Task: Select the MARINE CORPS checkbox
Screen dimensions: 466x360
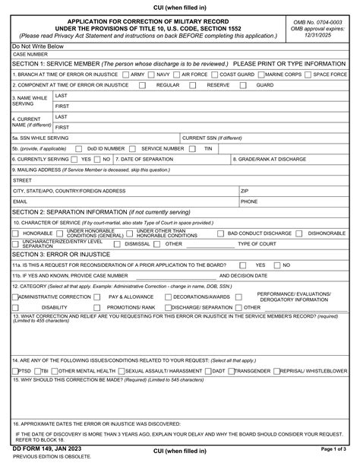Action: click(x=262, y=75)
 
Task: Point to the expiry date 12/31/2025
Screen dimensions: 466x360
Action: click(x=318, y=36)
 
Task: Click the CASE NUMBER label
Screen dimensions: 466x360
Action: click(x=30, y=55)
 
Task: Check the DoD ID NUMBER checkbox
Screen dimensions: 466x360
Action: click(x=81, y=148)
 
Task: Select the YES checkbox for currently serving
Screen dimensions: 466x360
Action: click(x=74, y=159)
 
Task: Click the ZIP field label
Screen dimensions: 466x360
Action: click(x=245, y=191)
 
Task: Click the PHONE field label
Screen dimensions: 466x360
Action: click(x=249, y=201)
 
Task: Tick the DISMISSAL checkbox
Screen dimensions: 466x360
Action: click(x=118, y=244)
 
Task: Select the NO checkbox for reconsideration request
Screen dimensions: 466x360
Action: click(x=276, y=265)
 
